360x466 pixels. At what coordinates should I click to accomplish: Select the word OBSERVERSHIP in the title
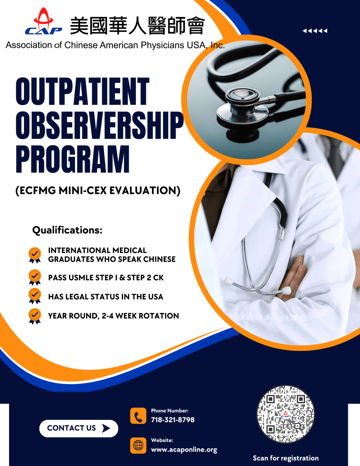(100, 125)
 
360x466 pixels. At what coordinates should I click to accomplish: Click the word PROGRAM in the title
(73, 159)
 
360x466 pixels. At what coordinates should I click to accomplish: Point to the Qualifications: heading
(67, 230)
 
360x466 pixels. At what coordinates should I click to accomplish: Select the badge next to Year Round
(35, 316)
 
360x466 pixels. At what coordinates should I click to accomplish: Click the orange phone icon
(138, 416)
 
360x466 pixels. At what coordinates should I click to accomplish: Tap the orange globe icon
(138, 445)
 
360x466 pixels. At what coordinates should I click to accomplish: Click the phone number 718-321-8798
(173, 420)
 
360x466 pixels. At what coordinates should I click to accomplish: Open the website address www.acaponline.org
(184, 449)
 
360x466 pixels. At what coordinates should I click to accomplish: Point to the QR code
(286, 414)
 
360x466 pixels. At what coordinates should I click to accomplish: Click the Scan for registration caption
(286, 458)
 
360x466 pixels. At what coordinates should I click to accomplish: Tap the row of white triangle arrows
(315, 31)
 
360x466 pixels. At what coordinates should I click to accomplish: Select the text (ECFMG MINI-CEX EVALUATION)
(98, 191)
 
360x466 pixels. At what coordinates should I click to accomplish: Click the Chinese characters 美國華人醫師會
(137, 26)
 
